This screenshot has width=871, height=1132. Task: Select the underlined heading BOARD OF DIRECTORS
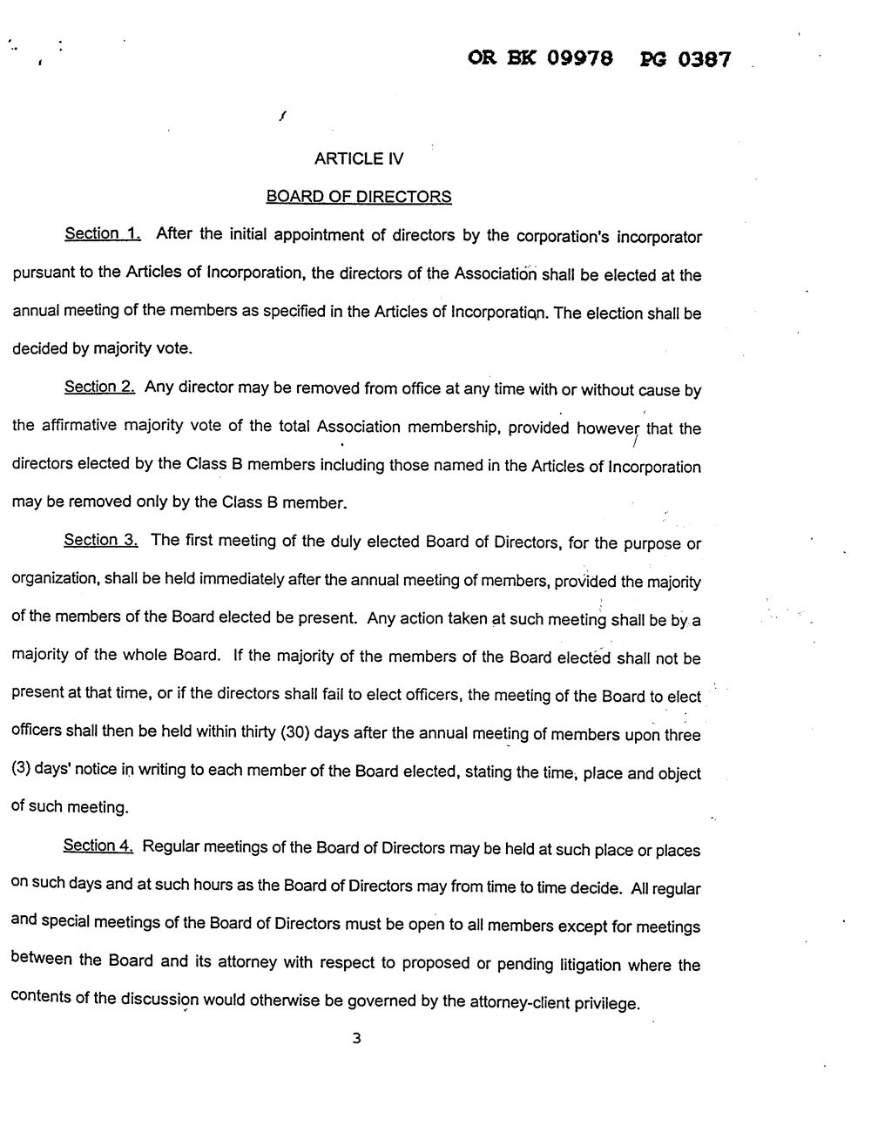pyautogui.click(x=359, y=197)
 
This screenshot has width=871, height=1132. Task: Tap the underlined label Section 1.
pyautogui.click(x=103, y=233)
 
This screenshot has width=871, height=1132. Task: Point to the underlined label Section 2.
pyautogui.click(x=99, y=387)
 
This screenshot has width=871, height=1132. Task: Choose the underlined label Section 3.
pyautogui.click(x=101, y=540)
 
